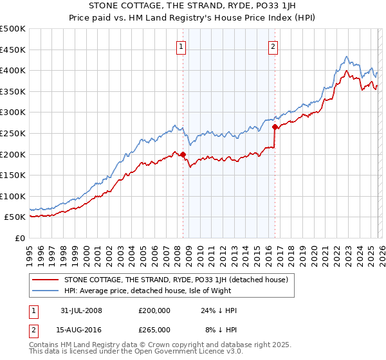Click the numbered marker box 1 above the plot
pyautogui.click(x=181, y=46)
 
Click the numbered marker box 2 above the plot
pyautogui.click(x=273, y=46)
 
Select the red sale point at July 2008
pyautogui.click(x=183, y=154)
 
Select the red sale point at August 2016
pyautogui.click(x=275, y=127)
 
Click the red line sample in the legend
pyautogui.click(x=45, y=280)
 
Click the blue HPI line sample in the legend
pyautogui.click(x=45, y=291)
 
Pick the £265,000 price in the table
pyautogui.click(x=154, y=329)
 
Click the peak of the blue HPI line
pyautogui.click(x=347, y=57)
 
